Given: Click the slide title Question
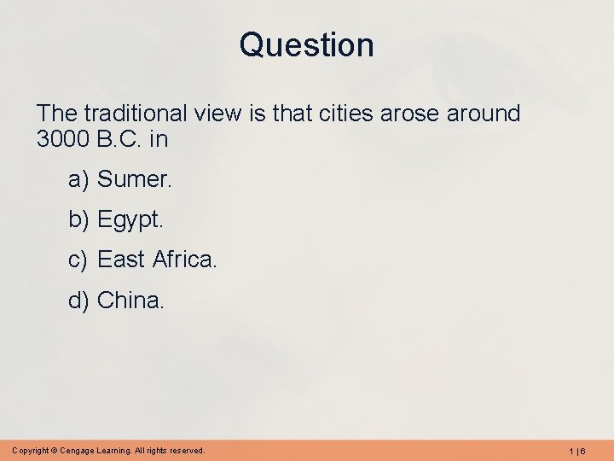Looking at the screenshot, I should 306,44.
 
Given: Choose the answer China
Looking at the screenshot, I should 130,300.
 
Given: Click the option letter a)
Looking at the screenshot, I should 79,179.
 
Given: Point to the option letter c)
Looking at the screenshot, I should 79,260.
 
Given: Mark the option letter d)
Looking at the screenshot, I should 79,300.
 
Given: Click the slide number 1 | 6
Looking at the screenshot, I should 576,450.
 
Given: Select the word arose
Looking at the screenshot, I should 400,114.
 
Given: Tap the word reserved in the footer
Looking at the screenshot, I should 185,450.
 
